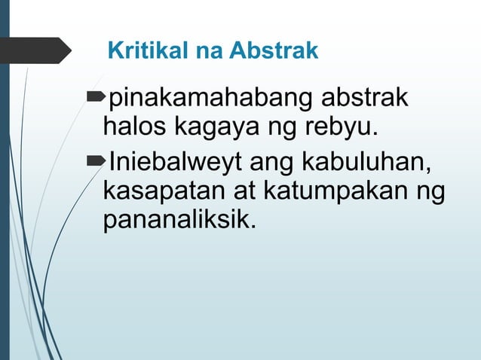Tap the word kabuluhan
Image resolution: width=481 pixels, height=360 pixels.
364,160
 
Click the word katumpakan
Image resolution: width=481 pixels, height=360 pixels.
334,190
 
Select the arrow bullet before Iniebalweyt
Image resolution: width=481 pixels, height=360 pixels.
97,160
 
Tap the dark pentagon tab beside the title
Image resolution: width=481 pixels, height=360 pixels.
34,50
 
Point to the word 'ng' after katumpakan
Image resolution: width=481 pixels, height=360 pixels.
427,191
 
